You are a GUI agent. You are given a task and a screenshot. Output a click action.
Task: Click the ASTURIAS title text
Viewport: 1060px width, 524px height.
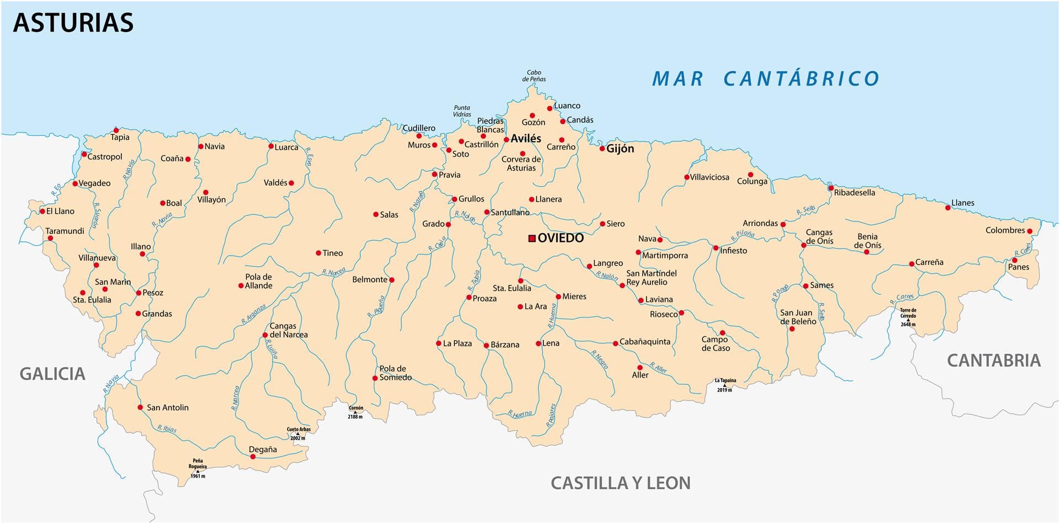tap(73, 23)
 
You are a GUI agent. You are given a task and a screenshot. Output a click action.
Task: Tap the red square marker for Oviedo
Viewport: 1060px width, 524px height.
tap(532, 239)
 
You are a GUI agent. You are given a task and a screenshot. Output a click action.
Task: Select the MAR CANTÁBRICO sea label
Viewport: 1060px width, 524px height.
tap(766, 79)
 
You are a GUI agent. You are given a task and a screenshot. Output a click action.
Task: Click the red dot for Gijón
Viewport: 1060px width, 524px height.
tap(602, 149)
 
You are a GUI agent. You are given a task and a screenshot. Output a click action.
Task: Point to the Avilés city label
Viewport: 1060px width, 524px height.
tap(526, 139)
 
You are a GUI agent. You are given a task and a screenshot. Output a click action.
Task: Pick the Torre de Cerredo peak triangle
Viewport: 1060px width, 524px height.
tap(908, 320)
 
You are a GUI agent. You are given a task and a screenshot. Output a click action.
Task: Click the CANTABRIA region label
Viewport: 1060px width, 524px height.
tap(993, 361)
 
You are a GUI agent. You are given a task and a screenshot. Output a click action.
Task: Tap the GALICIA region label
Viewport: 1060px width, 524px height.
tap(52, 374)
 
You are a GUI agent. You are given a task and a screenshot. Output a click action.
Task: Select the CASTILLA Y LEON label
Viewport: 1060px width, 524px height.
tap(621, 483)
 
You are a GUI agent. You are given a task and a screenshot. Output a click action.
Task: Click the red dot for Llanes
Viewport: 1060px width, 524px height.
tap(947, 208)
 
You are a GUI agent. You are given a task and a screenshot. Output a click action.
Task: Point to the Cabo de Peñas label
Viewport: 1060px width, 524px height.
tap(534, 76)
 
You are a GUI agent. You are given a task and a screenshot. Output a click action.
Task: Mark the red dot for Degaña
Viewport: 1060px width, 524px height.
tap(253, 457)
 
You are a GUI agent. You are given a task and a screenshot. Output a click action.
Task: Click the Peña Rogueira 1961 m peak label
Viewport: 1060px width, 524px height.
tap(198, 468)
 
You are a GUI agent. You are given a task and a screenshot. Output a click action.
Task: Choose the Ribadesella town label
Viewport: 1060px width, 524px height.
tap(854, 193)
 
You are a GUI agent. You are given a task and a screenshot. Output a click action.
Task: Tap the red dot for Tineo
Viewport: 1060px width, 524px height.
tap(318, 253)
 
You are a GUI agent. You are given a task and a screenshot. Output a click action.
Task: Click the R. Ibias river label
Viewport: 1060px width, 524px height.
tap(167, 428)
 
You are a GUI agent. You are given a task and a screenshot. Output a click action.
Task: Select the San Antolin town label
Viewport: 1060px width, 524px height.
tap(167, 407)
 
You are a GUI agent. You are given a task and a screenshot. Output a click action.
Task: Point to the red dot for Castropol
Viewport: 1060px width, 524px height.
tap(84, 155)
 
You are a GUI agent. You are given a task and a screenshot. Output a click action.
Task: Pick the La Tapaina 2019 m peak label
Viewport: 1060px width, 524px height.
tap(725, 384)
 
